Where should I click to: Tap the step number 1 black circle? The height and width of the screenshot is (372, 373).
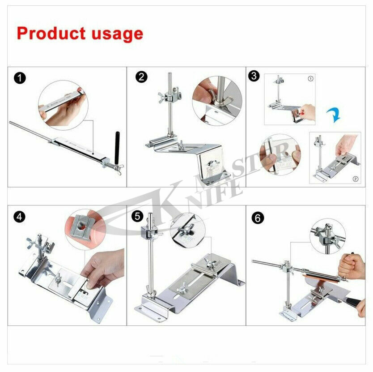[x=19, y=79]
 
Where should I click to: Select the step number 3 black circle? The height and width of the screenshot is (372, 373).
[x=254, y=76]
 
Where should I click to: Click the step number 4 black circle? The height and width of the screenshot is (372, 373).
[x=19, y=217]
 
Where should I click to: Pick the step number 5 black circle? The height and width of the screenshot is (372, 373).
[x=138, y=217]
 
